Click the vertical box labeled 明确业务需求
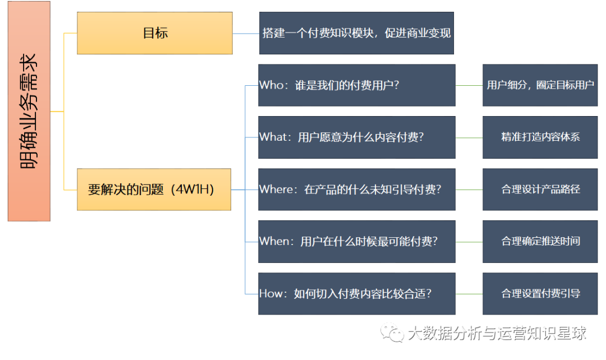pos(29,111)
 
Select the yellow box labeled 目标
pos(155,33)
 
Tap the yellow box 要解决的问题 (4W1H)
pos(154,190)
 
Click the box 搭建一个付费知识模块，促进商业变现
pos(356,33)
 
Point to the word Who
pos(272,85)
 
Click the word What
pos(273,137)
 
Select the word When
pos(274,242)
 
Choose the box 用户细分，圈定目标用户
pos(540,85)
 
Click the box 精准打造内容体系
pos(540,137)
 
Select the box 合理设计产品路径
pos(540,190)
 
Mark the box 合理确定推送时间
pos(540,242)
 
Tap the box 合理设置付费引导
pos(540,294)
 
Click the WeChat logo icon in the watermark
pos(392,333)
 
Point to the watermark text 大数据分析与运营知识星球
pos(497,333)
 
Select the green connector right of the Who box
pos(469,85)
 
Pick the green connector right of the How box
pos(469,294)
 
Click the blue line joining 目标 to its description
pos(246,34)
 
